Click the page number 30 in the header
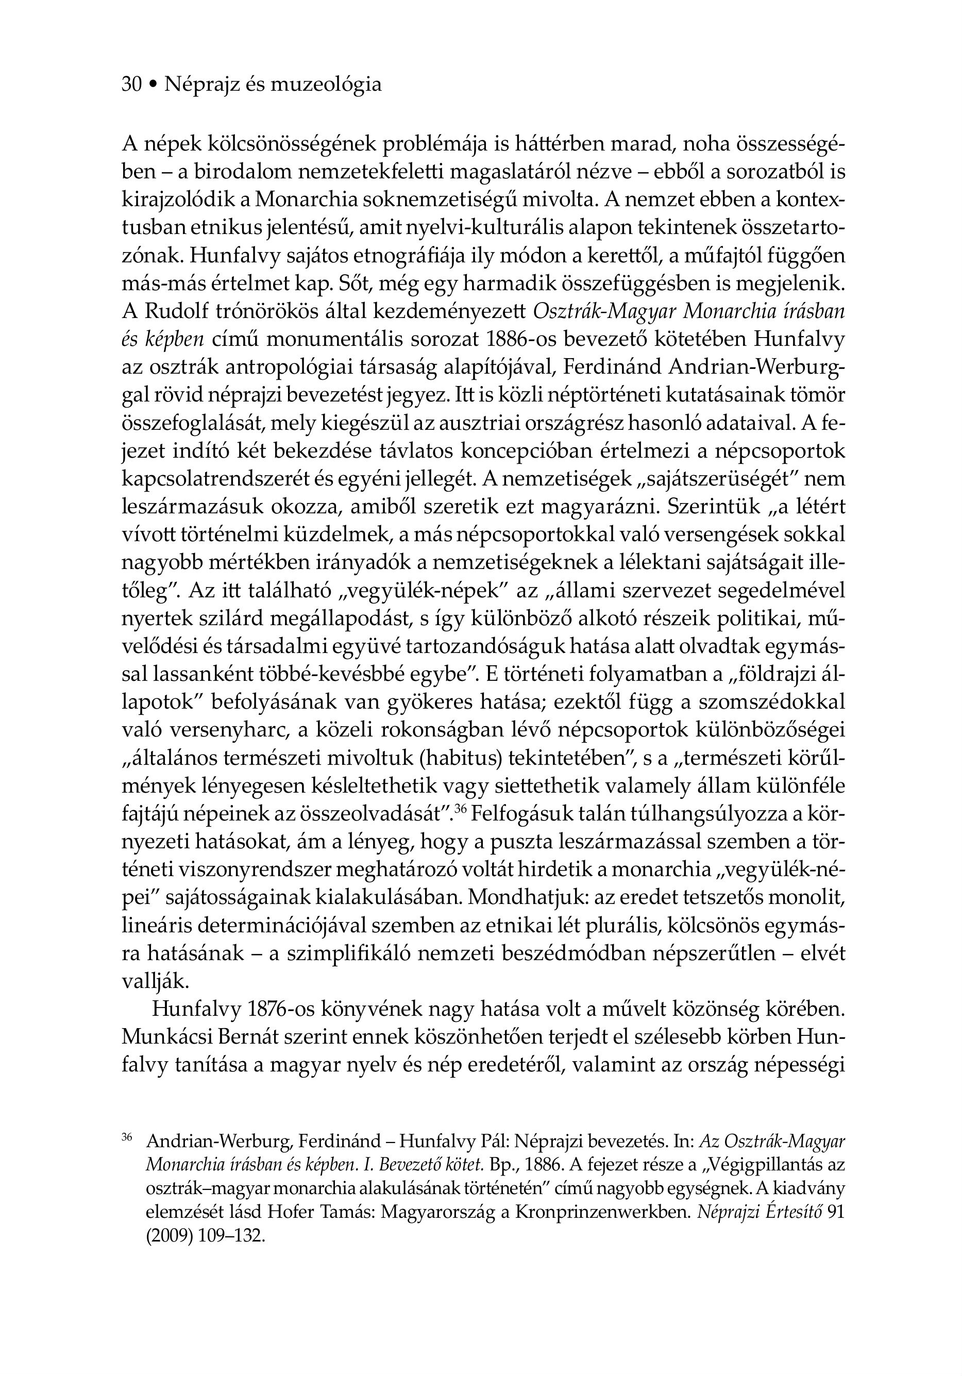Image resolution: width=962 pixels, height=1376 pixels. pos(131,85)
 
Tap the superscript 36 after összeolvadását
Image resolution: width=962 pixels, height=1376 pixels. pos(460,809)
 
